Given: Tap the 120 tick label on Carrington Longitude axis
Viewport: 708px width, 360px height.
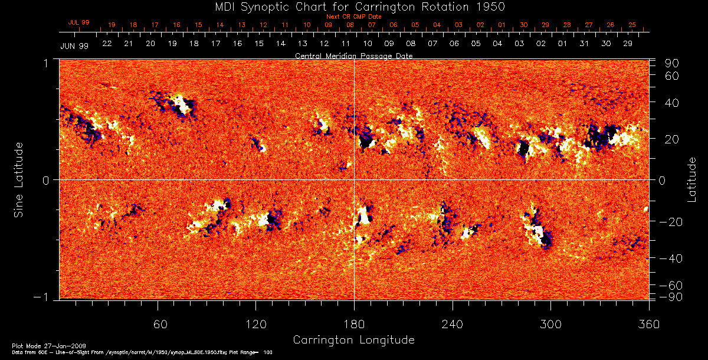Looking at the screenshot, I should pos(256,325).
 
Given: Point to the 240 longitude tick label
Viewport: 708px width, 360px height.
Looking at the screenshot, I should pos(453,325).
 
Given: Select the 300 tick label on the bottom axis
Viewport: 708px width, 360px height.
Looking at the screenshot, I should pos(550,325).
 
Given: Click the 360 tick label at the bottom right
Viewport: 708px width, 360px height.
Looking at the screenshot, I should pos(648,325).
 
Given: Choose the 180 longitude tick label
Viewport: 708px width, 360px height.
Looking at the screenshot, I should pos(354,325).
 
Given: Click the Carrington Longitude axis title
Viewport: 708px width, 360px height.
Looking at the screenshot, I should pos(353,340).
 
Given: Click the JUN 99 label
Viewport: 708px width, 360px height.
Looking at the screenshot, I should pos(74,46).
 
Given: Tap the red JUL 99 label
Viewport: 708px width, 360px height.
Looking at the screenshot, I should pos(78,22).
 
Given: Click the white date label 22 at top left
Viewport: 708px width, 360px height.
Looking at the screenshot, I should pos(107,44).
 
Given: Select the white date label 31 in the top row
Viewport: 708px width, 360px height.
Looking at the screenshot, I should pos(584,44).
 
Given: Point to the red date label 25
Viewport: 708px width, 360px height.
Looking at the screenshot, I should pos(632,25).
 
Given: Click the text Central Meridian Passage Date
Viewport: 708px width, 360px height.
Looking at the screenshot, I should pos(353,55).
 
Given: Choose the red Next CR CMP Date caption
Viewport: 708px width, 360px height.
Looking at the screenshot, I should pos(353,17).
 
